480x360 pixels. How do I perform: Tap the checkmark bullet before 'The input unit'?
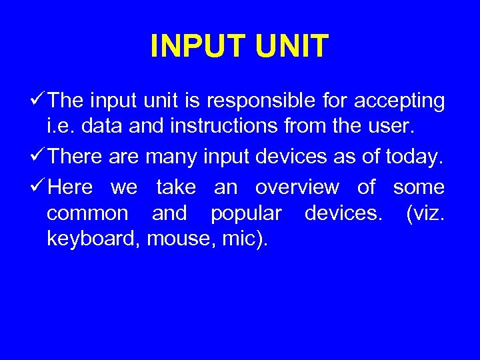[x=39, y=101]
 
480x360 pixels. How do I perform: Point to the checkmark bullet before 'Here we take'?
[x=39, y=187]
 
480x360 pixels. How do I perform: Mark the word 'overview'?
[x=297, y=187]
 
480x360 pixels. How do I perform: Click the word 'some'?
[x=419, y=187]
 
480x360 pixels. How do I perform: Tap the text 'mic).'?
[x=243, y=238]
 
